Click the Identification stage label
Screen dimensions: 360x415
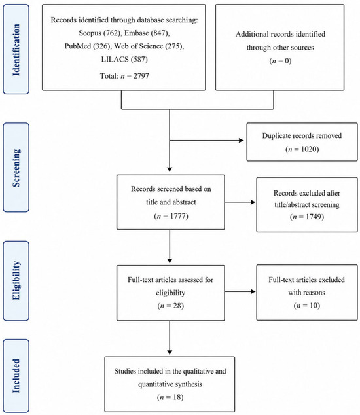point(16,50)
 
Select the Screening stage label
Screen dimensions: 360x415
point(16,168)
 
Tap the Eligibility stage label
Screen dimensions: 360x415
point(16,281)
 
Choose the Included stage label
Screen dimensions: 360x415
point(16,376)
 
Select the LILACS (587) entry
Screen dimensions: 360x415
point(124,59)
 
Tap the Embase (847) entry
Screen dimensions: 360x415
point(147,33)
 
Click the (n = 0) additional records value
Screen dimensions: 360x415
point(280,61)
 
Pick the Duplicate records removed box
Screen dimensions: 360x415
point(302,142)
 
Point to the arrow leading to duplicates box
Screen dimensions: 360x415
point(206,140)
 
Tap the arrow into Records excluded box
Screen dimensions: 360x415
point(240,202)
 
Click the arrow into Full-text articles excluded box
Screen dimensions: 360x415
point(240,291)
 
